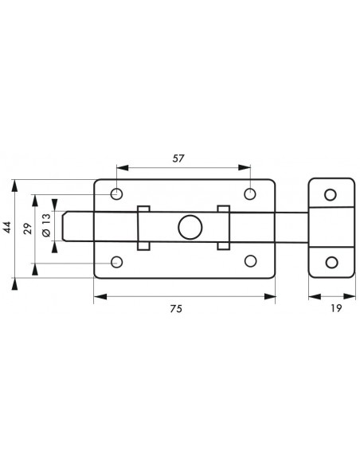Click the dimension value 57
click(178, 158)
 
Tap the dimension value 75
click(176, 309)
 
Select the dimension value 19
click(336, 308)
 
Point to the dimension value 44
click(7, 227)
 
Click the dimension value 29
click(28, 229)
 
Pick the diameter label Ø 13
click(46, 225)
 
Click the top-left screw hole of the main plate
click(116, 194)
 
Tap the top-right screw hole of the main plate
click(250, 193)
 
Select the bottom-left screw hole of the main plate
click(116, 262)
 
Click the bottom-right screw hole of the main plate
click(251, 261)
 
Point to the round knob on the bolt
click(190, 227)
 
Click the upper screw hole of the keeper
click(331, 194)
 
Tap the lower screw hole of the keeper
click(331, 263)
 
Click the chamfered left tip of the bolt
click(64, 226)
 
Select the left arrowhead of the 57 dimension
click(123, 168)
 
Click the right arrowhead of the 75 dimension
click(269, 296)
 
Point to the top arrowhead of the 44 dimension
click(14, 186)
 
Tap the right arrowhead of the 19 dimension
click(350, 296)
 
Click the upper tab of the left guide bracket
click(143, 209)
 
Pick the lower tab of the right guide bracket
click(223, 246)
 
